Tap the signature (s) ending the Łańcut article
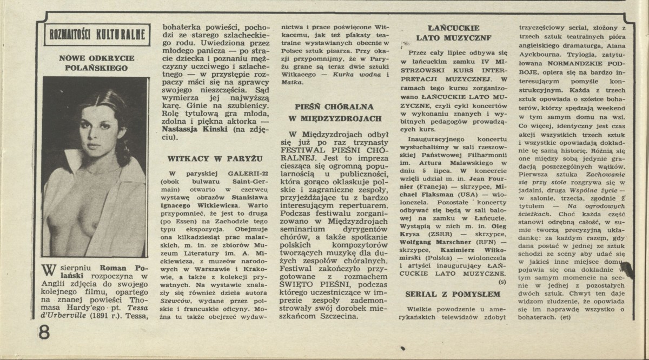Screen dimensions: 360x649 [502, 282]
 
